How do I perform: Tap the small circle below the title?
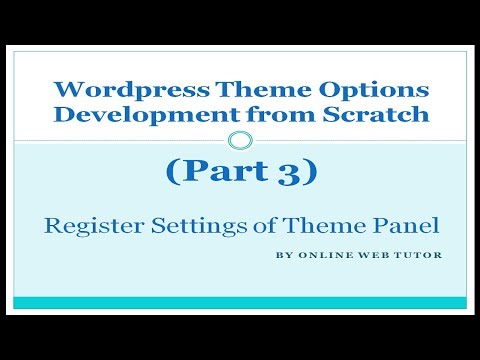(240, 139)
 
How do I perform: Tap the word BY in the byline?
(282, 254)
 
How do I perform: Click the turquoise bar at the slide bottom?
(240, 302)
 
